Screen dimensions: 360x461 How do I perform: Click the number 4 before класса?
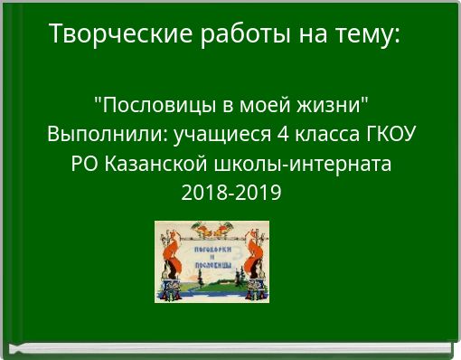coord(249,135)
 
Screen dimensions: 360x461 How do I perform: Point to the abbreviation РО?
coord(85,165)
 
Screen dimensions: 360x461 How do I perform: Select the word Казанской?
coord(146,165)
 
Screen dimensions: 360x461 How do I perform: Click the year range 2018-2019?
coord(230,194)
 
